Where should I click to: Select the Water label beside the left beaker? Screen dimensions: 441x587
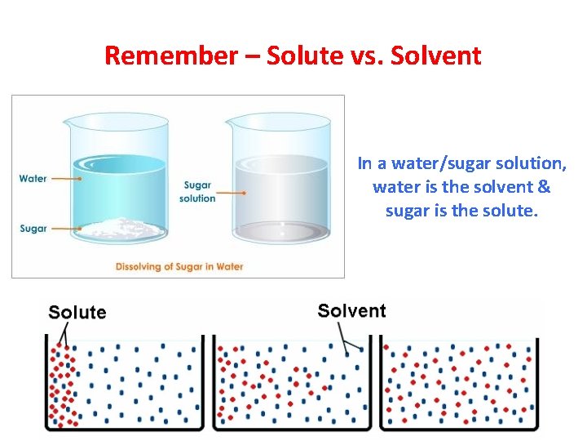click(x=33, y=178)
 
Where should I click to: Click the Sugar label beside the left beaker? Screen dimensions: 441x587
click(x=33, y=229)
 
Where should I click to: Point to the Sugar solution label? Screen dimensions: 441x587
click(x=199, y=192)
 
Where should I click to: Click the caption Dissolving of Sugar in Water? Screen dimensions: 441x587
click(x=179, y=266)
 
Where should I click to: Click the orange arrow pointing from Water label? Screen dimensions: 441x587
click(x=65, y=178)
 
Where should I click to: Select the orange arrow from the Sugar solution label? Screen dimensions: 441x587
click(x=233, y=194)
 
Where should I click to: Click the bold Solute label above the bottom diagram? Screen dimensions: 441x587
click(x=77, y=312)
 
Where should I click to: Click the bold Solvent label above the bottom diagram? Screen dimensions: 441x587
click(x=351, y=310)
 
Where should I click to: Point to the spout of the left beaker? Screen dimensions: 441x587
click(x=68, y=122)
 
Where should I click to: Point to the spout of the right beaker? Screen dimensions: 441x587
click(x=232, y=122)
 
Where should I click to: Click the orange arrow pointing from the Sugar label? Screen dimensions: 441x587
click(x=65, y=229)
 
